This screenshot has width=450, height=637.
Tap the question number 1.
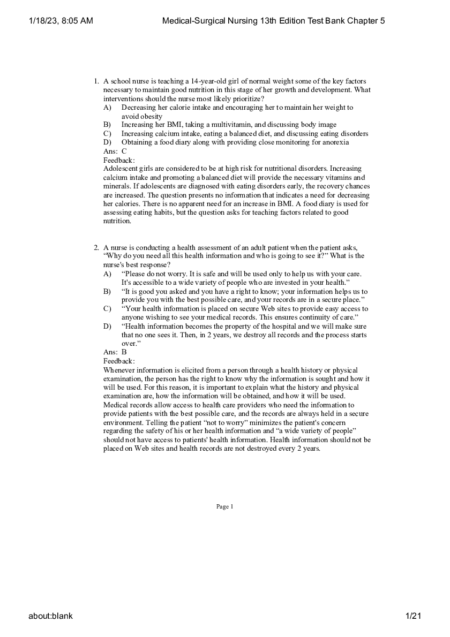pyautogui.click(x=96, y=81)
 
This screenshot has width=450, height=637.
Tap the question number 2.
pyautogui.click(x=96, y=247)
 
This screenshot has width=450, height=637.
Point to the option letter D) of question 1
pyautogui.click(x=107, y=142)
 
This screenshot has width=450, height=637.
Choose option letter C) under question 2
pyautogui.click(x=107, y=309)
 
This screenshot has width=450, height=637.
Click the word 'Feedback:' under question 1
pyautogui.click(x=119, y=160)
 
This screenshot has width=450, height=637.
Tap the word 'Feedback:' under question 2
pyautogui.click(x=119, y=361)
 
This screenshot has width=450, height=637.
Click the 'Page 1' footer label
pyautogui.click(x=225, y=506)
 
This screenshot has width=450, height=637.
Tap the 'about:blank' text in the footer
pyautogui.click(x=50, y=616)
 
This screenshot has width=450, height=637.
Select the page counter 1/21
pyautogui.click(x=414, y=616)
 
